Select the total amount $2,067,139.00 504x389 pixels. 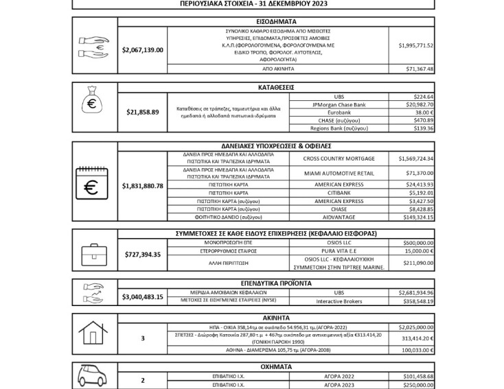point(142,49)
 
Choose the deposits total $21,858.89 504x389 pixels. point(142,112)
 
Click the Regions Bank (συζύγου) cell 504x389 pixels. point(339,128)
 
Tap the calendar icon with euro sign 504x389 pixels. point(94,186)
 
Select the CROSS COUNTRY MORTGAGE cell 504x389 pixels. point(339,158)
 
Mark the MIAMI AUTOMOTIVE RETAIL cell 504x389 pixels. point(339,174)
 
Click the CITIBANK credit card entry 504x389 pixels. point(339,193)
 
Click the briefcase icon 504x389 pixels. point(94,254)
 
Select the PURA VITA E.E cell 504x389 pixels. point(339,251)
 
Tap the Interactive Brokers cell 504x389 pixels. point(339,300)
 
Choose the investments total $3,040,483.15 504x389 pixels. point(142,296)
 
